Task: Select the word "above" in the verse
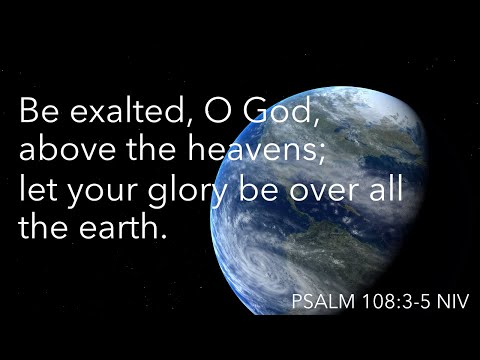click(62, 150)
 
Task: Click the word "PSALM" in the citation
click(319, 301)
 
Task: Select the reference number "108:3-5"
click(391, 301)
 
